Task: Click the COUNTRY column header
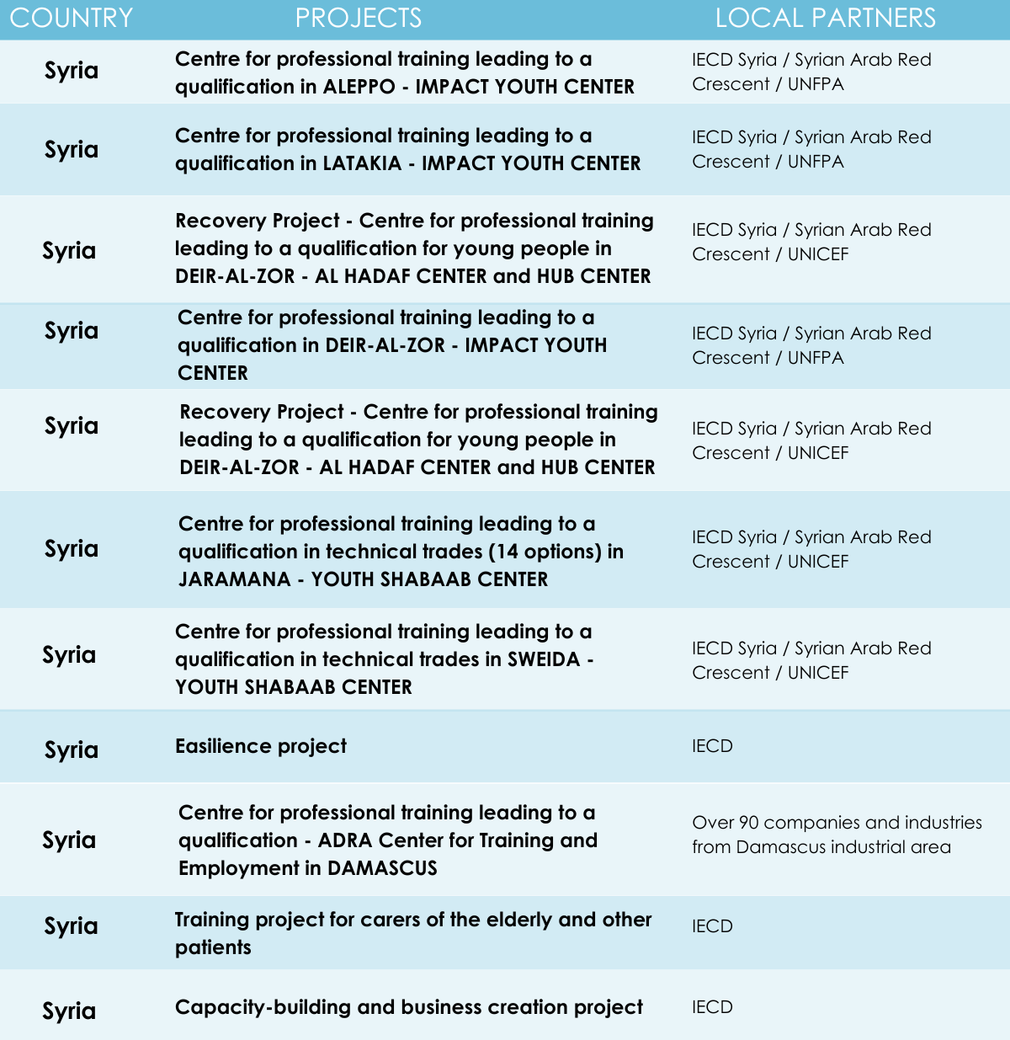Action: point(72,18)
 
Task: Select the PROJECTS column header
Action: point(359,18)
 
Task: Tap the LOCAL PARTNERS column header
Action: point(825,18)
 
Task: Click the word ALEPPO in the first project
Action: point(359,87)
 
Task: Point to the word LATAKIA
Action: point(362,163)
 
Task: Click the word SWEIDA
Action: point(544,659)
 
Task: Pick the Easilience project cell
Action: point(261,746)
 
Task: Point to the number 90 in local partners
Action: point(748,823)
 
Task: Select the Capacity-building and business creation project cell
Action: point(409,1007)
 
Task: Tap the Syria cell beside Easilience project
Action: point(72,749)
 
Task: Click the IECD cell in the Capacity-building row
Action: point(712,1007)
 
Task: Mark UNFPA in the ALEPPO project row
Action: point(816,84)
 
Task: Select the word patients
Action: point(213,947)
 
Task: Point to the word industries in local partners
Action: point(943,823)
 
